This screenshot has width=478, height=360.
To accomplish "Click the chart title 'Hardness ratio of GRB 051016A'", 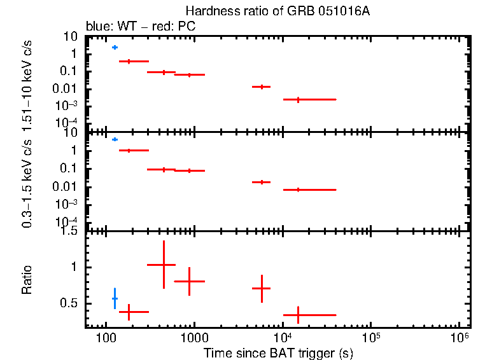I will tap(278, 11).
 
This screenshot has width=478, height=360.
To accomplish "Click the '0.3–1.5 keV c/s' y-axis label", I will tap(27, 184).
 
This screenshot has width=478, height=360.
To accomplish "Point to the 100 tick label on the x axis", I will tap(105, 337).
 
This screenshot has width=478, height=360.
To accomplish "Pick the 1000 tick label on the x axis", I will tap(194, 337).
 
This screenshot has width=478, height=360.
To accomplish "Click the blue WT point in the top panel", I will tap(115, 47).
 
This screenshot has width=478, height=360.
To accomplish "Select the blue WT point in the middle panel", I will tap(115, 139).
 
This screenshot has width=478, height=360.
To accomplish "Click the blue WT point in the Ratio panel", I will tap(115, 298).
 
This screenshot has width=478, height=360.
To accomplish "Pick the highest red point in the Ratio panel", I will tap(164, 265).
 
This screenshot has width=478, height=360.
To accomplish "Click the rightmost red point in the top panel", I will tap(297, 99).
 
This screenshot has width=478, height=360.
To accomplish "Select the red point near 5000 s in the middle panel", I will tap(262, 182).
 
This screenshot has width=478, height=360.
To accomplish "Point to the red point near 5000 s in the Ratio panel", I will tap(262, 288).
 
